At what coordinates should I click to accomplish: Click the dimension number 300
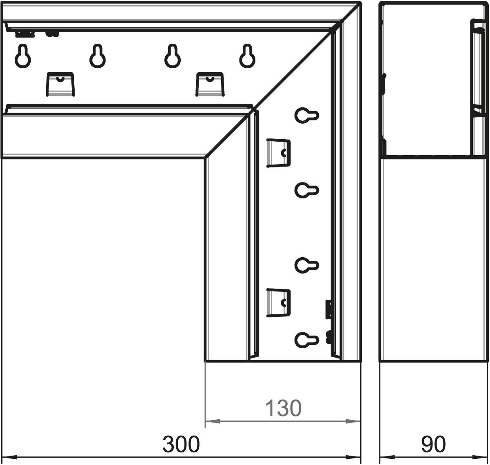181,444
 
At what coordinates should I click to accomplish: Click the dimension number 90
433,444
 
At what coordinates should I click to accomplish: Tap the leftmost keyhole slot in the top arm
23,56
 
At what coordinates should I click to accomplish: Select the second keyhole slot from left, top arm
98,56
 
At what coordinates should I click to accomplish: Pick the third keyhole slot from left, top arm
173,56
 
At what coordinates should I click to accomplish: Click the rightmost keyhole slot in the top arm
247,56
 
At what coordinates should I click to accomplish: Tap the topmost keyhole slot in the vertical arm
306,116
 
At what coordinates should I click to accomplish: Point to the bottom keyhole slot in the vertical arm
306,340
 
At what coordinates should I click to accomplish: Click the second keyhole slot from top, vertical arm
306,190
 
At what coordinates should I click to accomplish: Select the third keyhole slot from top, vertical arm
306,265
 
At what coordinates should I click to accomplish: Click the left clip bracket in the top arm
60,85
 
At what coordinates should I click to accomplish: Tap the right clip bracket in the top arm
210,85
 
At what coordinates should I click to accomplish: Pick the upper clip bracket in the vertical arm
278,153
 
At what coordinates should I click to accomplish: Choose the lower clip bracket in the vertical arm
278,303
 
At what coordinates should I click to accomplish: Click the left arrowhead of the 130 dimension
213,421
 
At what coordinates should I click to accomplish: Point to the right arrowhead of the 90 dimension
480,457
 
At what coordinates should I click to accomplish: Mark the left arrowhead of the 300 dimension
9,457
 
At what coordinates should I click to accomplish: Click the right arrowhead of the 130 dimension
353,421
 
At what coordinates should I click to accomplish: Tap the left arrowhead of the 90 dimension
387,457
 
